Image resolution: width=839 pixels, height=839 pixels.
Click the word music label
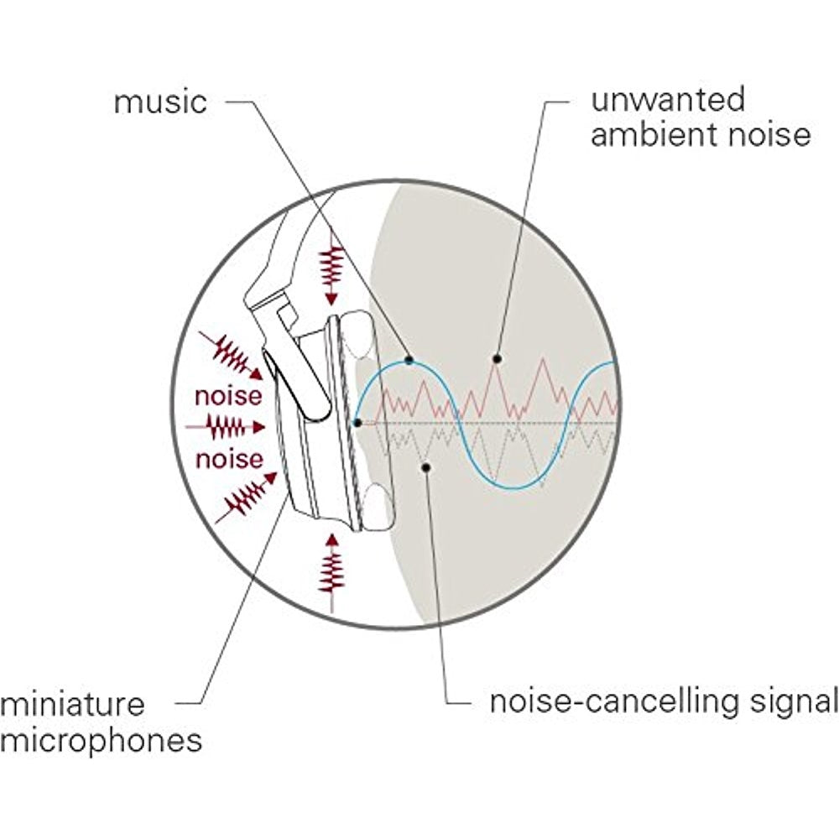159,102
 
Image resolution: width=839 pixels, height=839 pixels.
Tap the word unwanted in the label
668,99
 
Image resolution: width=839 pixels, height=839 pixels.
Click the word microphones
101,741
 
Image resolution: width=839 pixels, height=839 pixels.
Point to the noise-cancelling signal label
664,701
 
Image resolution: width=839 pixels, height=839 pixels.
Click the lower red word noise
229,459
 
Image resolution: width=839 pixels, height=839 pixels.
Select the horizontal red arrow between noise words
227,427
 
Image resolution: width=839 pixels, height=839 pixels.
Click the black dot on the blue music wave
409,360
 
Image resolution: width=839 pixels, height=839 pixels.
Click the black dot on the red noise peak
497,358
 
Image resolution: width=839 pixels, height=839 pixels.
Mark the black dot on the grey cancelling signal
427,466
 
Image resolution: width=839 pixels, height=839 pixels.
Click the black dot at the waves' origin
358,422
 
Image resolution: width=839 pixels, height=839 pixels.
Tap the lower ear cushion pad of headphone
379,508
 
